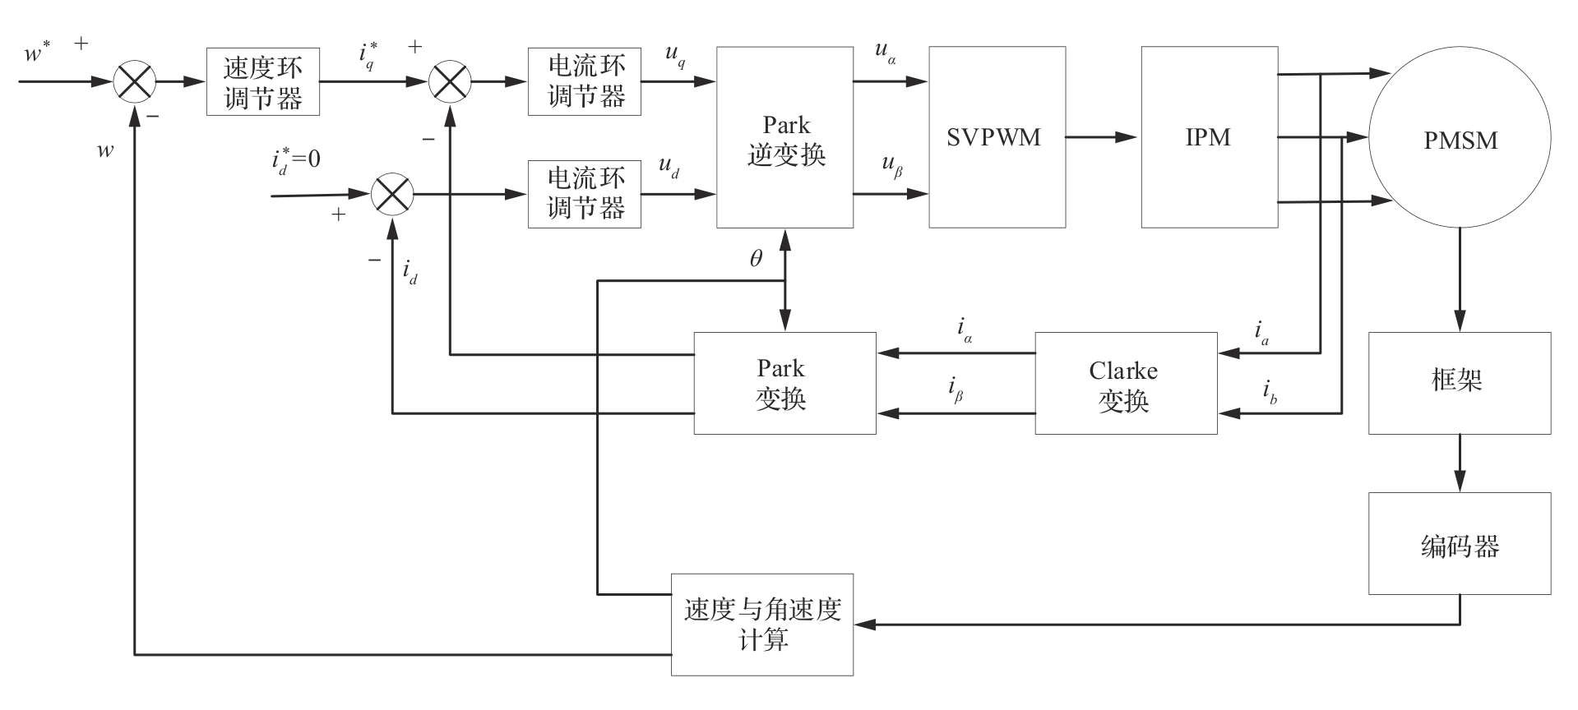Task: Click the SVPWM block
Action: click(997, 137)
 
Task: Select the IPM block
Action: click(1209, 137)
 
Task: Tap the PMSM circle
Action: click(1460, 140)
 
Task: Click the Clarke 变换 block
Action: click(1125, 384)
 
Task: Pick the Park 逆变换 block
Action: click(784, 137)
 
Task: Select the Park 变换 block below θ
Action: click(784, 384)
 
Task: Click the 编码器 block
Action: click(1459, 544)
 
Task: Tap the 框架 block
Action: click(1459, 384)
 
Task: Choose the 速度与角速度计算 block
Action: click(761, 625)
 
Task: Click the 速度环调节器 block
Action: click(262, 82)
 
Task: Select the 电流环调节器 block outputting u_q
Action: click(584, 82)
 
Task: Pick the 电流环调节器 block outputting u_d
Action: click(584, 194)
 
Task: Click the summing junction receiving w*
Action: click(134, 82)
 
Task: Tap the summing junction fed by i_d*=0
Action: click(391, 195)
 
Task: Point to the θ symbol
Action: click(756, 259)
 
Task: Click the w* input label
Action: click(38, 54)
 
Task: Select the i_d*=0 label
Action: click(296, 159)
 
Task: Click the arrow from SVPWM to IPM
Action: click(1102, 137)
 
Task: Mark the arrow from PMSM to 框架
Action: click(1460, 279)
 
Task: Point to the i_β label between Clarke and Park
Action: click(956, 389)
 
